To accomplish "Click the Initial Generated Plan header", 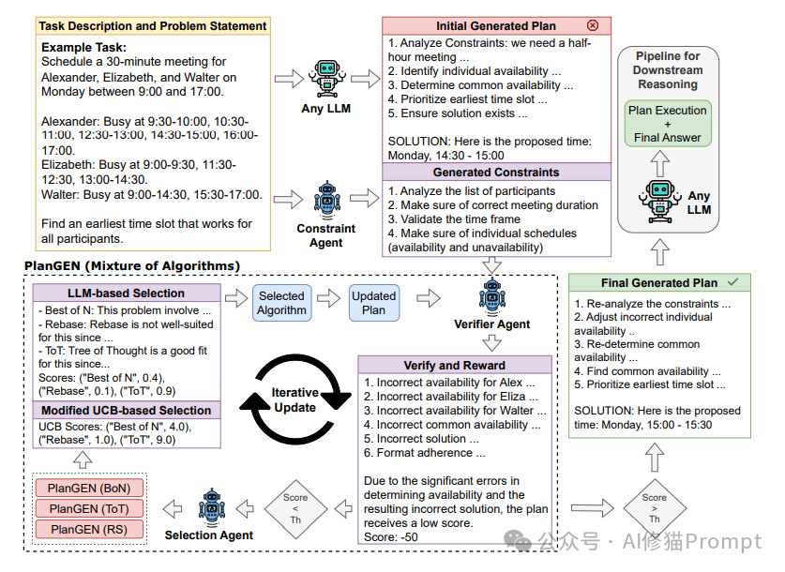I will pyautogui.click(x=495, y=26).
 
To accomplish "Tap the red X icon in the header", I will pyautogui.click(x=592, y=26).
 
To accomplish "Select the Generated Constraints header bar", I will pyautogui.click(x=495, y=173).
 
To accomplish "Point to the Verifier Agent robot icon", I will pyautogui.click(x=491, y=296).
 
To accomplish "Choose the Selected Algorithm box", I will pyautogui.click(x=282, y=303).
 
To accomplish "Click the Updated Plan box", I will pyautogui.click(x=373, y=303).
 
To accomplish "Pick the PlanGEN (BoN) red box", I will pyautogui.click(x=89, y=488).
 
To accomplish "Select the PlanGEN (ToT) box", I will pyautogui.click(x=89, y=508).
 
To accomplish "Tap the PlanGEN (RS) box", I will pyautogui.click(x=89, y=530).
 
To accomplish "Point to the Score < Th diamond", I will pyautogui.click(x=295, y=510).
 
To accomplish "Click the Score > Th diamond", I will pyautogui.click(x=655, y=510).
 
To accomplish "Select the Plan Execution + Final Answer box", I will pyautogui.click(x=668, y=124).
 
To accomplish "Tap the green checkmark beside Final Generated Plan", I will pyautogui.click(x=732, y=281).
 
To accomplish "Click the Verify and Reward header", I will pyautogui.click(x=454, y=365).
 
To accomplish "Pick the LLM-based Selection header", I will pyautogui.click(x=127, y=294).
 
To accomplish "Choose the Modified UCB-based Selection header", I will pyautogui.click(x=127, y=411).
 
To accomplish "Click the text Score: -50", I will pyautogui.click(x=393, y=537).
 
